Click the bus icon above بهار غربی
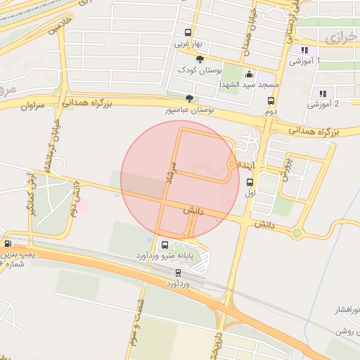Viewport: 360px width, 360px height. [188, 32]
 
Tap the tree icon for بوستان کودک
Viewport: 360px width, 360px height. [200, 60]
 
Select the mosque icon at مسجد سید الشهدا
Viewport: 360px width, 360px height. [248, 74]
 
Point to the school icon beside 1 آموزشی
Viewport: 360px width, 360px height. [304, 50]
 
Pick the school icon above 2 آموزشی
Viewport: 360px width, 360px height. [323, 93]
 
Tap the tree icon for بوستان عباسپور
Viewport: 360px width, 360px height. [188, 98]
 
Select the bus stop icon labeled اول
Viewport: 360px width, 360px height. [250, 181]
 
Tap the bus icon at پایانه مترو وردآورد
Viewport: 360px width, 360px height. [165, 245]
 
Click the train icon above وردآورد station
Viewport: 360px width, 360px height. [178, 272]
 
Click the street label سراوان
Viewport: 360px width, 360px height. [32, 106]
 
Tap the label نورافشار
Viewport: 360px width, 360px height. [345, 309]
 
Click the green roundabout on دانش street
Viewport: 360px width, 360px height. [297, 233]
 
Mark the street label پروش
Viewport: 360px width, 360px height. [285, 169]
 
